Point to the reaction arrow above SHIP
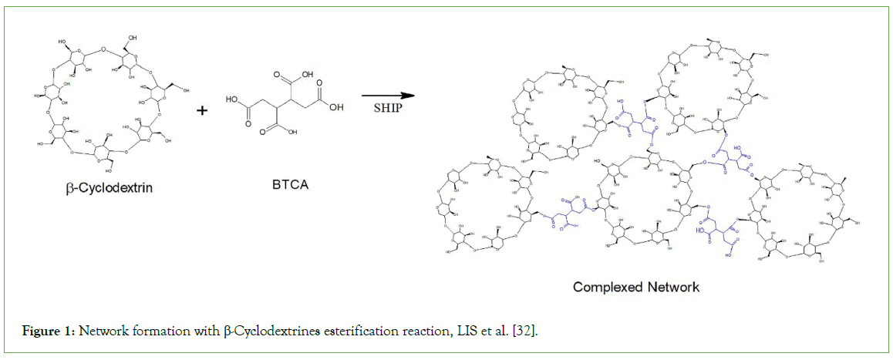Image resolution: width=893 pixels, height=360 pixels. coord(387,96)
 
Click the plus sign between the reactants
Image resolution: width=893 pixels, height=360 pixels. coord(203,111)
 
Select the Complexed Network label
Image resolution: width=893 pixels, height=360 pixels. coord(635,287)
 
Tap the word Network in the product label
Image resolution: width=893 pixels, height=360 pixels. coord(672,287)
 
